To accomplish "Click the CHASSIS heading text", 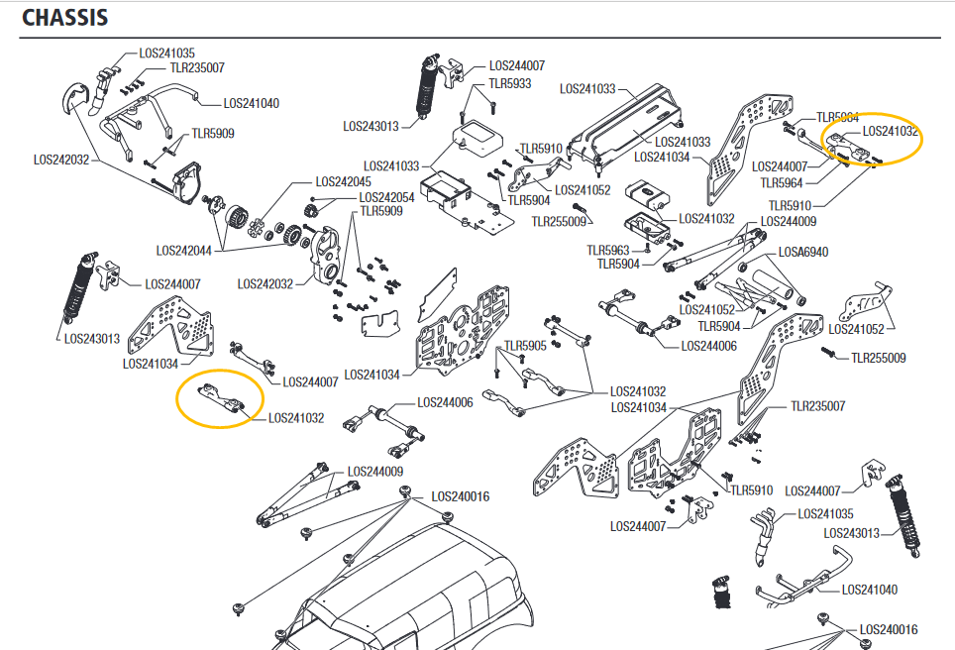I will coord(65,18).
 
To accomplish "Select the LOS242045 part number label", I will coord(343,182).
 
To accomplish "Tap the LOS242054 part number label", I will coord(386,197).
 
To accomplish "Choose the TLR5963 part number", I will coord(608,251).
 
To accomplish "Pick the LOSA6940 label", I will coord(802,253).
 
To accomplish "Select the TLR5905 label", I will coord(525,346).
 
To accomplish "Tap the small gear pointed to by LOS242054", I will coord(312,206).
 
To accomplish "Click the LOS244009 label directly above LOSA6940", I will coord(789,222).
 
